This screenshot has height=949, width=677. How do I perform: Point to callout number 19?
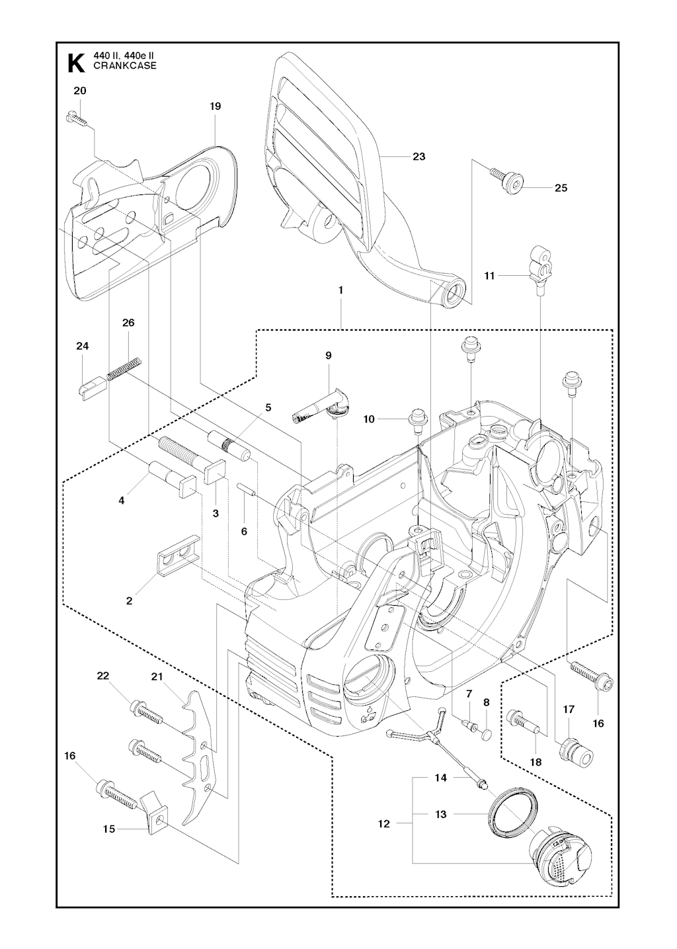(215, 106)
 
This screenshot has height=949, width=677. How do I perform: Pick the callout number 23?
(418, 157)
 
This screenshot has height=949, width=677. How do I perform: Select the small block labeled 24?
(90, 386)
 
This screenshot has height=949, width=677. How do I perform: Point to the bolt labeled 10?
(418, 419)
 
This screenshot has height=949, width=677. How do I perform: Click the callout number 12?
(384, 824)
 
